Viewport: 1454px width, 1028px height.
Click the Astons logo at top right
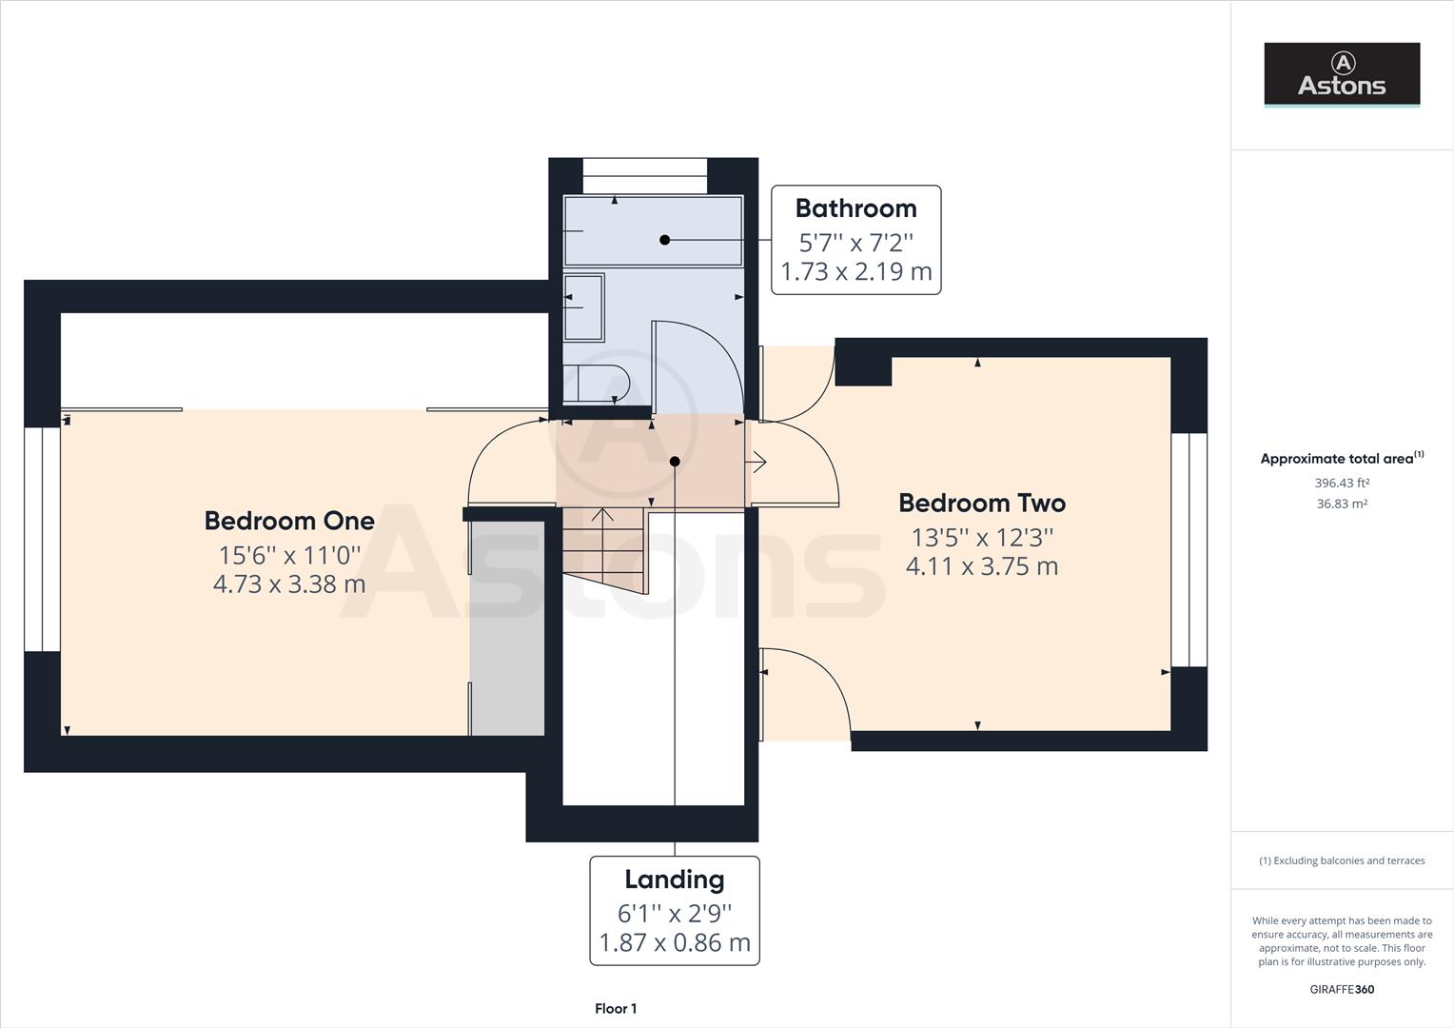point(1342,74)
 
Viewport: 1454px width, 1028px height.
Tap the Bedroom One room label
point(289,521)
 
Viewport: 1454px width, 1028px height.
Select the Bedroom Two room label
point(982,504)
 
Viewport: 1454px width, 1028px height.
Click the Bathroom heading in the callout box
point(856,208)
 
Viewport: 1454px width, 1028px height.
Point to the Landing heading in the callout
point(675,880)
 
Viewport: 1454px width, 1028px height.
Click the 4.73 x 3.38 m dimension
point(289,584)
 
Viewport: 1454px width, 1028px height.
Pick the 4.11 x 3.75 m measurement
point(982,566)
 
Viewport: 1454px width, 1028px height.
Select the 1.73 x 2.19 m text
point(856,271)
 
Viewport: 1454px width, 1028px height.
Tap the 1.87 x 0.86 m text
point(675,943)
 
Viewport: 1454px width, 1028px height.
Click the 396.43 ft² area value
point(1342,484)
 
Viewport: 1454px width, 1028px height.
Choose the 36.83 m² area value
point(1342,504)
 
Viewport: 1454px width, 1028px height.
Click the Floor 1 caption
point(616,1009)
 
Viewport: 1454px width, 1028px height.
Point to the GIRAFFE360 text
point(1342,990)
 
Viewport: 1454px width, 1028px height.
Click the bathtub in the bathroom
point(653,230)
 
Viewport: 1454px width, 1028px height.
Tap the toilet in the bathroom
point(596,384)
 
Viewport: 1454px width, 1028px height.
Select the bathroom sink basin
point(583,307)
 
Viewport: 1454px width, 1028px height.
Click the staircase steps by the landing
point(603,550)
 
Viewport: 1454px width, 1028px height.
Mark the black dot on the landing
point(675,462)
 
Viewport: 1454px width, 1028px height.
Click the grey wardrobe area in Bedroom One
point(507,628)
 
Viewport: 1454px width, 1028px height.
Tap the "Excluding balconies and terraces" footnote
point(1342,861)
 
